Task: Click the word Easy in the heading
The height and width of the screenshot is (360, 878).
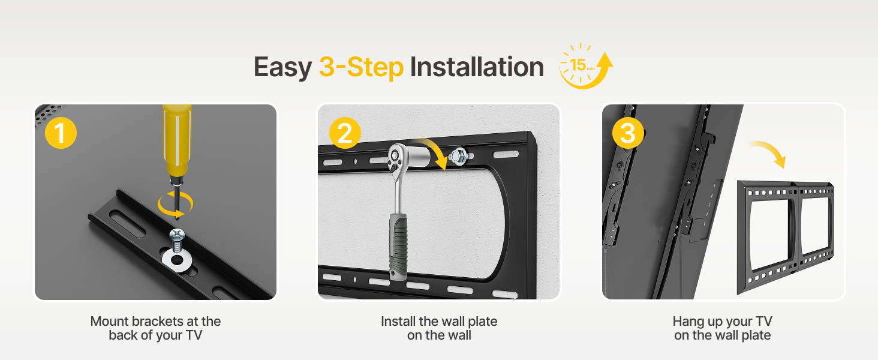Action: point(282,67)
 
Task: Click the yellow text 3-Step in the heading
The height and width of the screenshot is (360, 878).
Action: point(361,67)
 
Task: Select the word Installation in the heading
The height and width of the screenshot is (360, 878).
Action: point(477,67)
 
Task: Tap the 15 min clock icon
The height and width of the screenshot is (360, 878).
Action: point(585,66)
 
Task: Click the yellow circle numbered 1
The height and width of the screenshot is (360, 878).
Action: point(61,133)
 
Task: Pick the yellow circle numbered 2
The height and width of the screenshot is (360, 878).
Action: point(345,133)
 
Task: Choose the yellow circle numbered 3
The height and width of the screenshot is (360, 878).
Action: point(628,133)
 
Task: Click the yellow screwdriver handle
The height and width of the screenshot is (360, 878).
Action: point(177,139)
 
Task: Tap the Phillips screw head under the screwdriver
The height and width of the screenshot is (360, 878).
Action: point(177,235)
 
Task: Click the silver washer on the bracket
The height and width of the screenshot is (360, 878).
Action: point(177,260)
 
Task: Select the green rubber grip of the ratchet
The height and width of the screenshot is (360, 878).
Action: point(399,247)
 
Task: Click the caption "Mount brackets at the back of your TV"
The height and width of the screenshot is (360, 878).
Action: point(155,328)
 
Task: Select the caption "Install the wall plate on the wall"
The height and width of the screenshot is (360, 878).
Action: point(439,328)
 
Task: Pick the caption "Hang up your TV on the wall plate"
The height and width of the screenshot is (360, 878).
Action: point(723,328)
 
